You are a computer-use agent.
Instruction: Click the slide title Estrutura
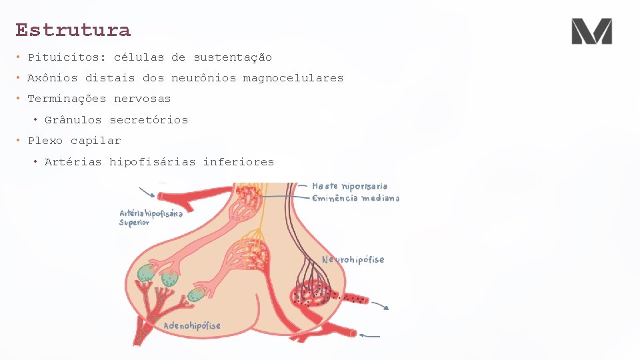tap(73, 30)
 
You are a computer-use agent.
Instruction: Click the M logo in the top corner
tap(591, 31)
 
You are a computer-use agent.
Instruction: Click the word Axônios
tap(52, 78)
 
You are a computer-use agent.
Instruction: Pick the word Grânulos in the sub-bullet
tap(73, 120)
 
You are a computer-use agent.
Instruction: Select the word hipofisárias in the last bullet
tap(153, 161)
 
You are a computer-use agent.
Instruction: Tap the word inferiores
tap(238, 161)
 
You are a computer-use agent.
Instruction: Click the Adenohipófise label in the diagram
tap(192, 326)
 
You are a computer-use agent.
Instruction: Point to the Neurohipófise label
tap(353, 259)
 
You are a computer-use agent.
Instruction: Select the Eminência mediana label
tap(356, 198)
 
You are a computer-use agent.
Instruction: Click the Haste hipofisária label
tap(349, 186)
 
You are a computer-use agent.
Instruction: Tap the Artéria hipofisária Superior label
tap(151, 217)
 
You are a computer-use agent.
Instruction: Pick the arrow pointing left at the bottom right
tap(371, 335)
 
